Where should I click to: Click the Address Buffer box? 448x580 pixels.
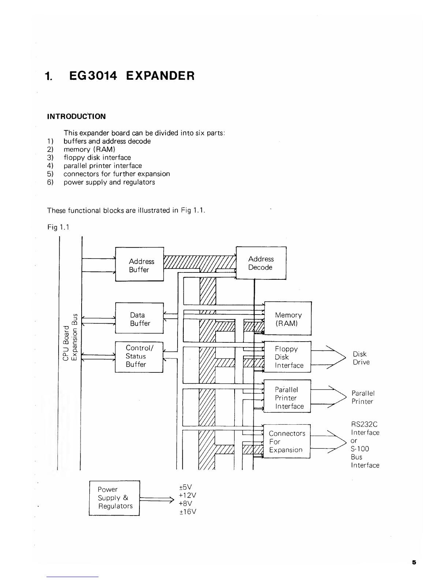139,264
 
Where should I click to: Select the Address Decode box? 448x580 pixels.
261,263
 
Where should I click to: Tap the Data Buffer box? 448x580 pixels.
139,318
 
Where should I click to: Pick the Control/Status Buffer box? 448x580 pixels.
139,356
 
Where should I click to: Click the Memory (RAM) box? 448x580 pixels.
288,319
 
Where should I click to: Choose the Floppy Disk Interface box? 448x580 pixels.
287,357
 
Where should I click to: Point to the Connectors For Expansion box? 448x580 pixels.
287,441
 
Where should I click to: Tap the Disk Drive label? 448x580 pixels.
361,358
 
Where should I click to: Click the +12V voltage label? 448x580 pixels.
188,495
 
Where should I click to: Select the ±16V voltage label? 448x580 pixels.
188,512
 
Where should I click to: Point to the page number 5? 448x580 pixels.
414,563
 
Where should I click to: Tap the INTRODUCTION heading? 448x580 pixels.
76,116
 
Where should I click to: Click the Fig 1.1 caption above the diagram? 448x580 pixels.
58,227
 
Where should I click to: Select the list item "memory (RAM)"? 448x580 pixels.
90,149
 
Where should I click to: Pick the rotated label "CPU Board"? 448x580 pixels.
66,343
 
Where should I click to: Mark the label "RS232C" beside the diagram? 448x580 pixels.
364,424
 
